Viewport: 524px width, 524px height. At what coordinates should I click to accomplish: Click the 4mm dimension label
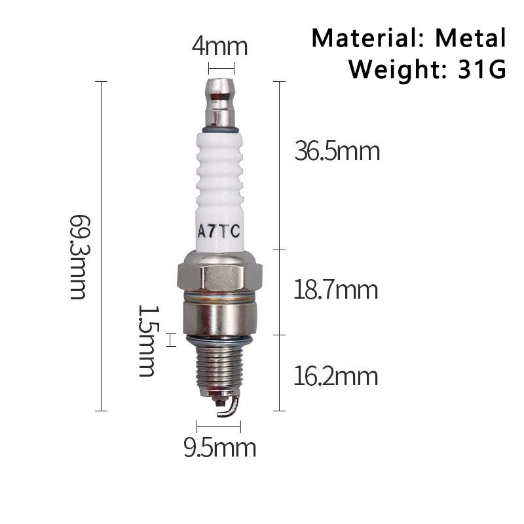pos(219,47)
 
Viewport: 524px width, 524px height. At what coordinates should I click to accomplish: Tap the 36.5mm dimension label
pos(337,152)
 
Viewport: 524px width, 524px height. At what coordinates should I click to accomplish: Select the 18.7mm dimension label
pos(335,290)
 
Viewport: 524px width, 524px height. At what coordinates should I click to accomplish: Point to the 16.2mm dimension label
pos(335,377)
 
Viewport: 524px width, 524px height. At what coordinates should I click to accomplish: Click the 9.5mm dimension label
pos(219,449)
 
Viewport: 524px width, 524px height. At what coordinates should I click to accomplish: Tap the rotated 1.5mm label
pos(147,341)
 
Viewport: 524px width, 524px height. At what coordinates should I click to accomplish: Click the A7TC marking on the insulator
pos(219,231)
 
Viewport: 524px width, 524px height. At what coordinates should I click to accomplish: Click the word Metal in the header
pos(471,38)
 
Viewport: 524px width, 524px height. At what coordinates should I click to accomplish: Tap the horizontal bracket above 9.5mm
pos(219,426)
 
